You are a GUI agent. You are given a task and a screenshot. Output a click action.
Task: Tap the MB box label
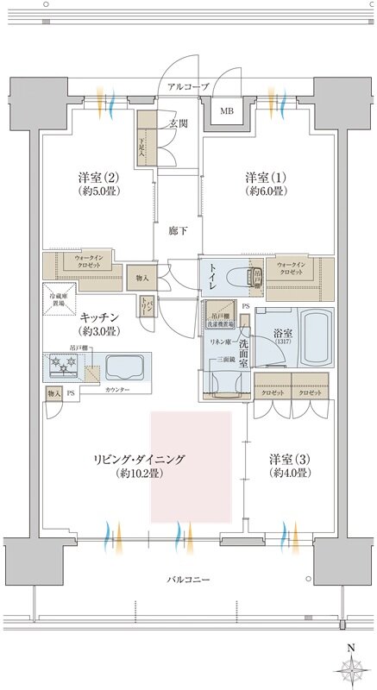click(x=226, y=111)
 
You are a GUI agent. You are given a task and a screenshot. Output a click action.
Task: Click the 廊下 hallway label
click(x=178, y=230)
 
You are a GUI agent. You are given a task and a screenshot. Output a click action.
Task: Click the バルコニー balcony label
click(x=188, y=579)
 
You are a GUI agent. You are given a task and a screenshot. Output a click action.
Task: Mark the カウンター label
click(x=119, y=391)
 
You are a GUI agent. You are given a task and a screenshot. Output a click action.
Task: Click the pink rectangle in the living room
click(x=193, y=466)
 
